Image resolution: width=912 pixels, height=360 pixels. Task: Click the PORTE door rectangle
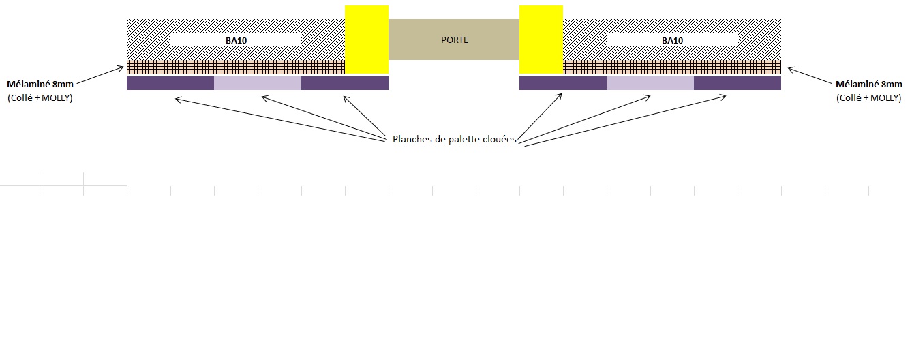454,40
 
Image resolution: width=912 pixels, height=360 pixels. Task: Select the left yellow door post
367,40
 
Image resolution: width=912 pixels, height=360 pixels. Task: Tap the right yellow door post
541,40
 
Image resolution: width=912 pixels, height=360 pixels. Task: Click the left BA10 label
236,40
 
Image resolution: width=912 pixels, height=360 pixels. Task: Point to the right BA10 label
672,40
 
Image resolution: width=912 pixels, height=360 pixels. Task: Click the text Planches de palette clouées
454,139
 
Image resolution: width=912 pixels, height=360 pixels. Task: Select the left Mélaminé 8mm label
40,85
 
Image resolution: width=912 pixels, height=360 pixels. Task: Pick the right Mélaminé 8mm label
868,85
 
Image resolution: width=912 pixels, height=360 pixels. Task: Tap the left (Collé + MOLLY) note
40,98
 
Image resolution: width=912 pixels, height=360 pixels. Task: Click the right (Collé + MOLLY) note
868,98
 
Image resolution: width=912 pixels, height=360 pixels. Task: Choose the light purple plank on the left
258,83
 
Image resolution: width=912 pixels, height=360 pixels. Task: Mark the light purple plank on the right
650,83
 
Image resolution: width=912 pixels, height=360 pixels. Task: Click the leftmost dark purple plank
170,83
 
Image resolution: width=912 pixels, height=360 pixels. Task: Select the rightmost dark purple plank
738,83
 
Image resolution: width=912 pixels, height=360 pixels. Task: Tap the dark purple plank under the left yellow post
345,83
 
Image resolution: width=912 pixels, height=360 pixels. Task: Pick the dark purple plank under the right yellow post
563,83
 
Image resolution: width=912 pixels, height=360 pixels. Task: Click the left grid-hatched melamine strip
236,67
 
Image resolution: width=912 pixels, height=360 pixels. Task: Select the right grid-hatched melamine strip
672,67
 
